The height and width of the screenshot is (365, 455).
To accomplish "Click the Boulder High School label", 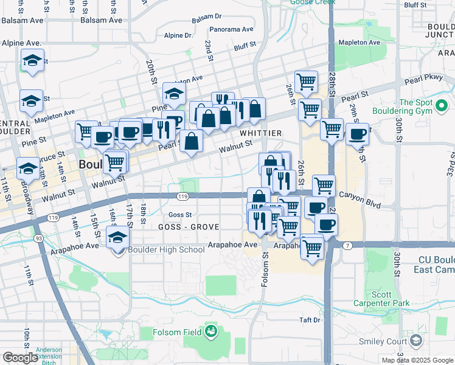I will [165, 249].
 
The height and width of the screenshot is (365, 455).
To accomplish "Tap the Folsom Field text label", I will [173, 333].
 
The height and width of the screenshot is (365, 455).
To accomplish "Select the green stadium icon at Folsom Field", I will [211, 332].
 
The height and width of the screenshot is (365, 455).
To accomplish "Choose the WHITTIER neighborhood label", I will [260, 133].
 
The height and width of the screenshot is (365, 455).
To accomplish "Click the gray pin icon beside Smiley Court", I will [416, 341].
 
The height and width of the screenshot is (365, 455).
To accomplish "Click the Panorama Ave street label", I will [231, 29].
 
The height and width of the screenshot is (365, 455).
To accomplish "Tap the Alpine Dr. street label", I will [180, 35].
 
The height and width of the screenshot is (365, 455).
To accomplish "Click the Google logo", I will [20, 358].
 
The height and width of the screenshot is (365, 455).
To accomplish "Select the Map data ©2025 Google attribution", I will [417, 360].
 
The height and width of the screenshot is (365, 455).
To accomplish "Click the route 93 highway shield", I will [38, 238].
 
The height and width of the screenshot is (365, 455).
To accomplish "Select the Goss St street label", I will [180, 215].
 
